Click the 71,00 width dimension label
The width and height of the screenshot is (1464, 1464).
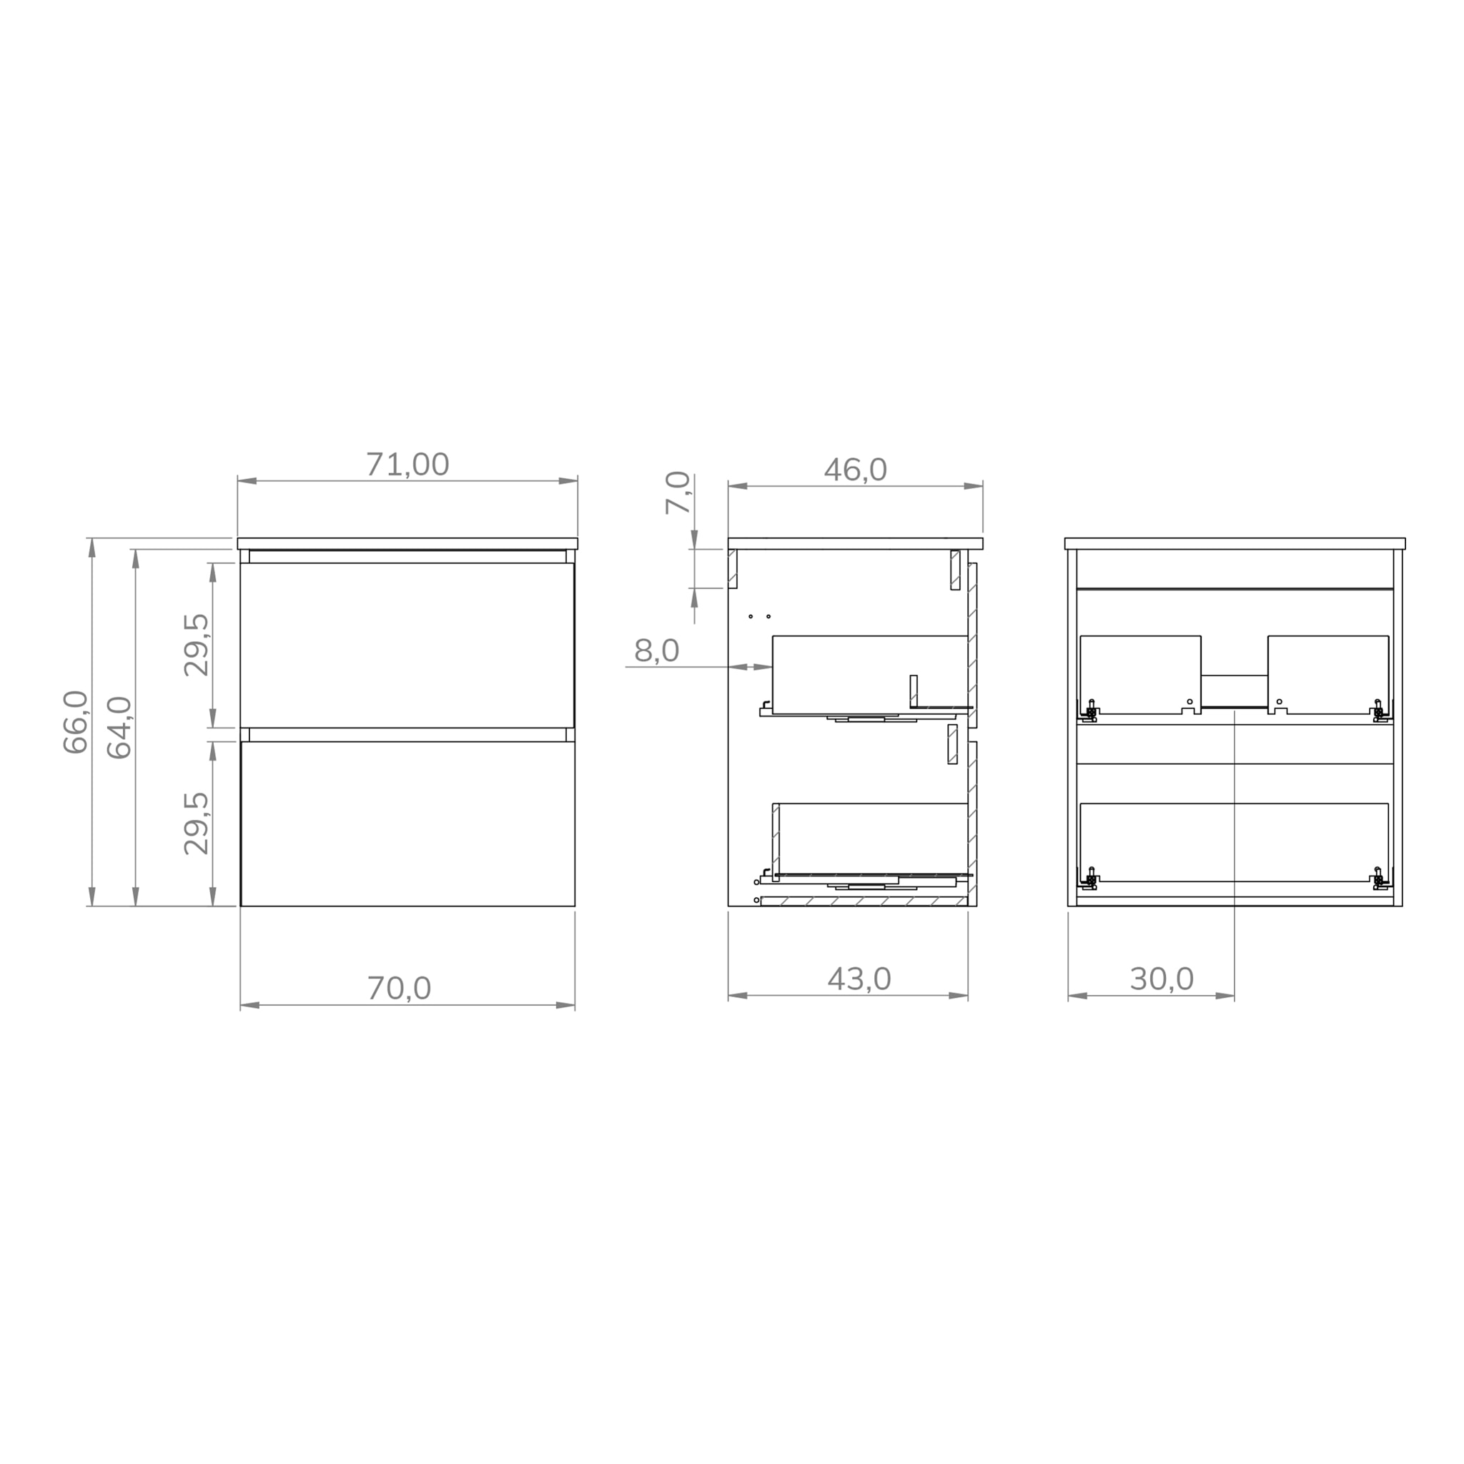click(407, 465)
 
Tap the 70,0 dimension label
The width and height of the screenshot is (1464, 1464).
click(400, 988)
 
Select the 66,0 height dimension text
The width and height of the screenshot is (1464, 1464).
click(76, 721)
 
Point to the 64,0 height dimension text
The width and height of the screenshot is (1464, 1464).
click(119, 728)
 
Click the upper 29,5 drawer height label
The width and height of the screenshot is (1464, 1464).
click(197, 645)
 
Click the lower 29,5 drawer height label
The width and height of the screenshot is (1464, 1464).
click(197, 823)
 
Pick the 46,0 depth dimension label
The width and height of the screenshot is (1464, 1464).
click(855, 470)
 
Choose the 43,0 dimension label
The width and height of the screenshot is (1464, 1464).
click(859, 979)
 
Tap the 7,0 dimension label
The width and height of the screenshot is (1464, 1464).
click(678, 493)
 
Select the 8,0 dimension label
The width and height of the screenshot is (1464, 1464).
click(656, 651)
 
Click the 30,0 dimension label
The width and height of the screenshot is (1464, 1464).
click(1161, 979)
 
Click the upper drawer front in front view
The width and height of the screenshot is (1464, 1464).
click(407, 645)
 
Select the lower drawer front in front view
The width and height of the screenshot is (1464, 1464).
click(407, 823)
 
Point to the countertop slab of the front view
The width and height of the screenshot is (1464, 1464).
click(407, 543)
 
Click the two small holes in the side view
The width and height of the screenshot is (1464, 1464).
click(759, 616)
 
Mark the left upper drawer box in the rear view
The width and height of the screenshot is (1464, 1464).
click(1139, 673)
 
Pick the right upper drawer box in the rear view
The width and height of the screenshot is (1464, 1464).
click(1327, 673)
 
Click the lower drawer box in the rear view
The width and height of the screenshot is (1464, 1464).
click(1234, 841)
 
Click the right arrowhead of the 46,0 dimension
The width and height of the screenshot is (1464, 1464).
click(973, 485)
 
